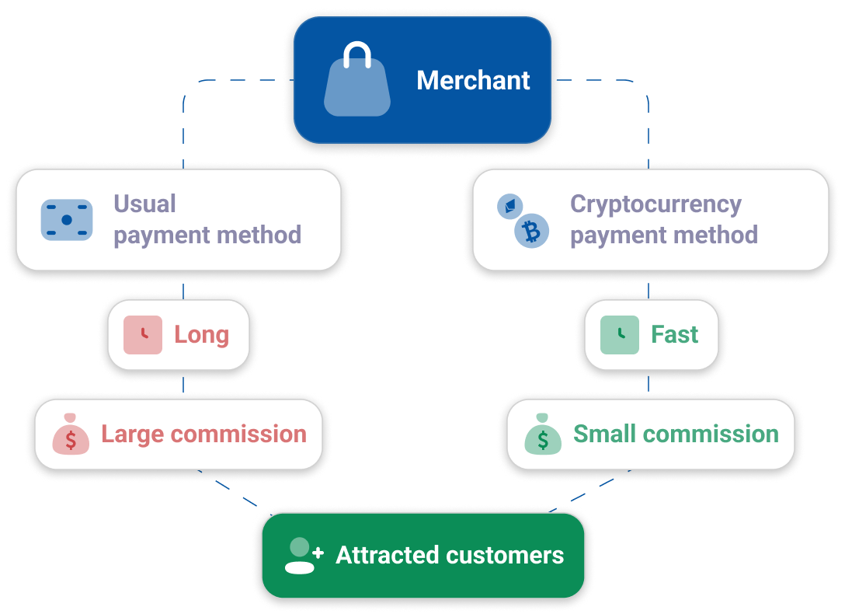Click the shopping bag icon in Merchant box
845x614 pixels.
357,81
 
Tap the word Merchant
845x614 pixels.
473,80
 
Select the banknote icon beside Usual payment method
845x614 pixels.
66,220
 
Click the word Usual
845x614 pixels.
144,204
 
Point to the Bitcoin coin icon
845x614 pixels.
532,231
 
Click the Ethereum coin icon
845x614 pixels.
509,207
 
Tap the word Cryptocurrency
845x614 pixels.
655,204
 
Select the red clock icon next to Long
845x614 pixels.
143,335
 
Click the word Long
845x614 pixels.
201,335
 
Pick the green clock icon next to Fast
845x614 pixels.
620,335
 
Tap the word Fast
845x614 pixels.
674,335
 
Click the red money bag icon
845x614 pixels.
71,435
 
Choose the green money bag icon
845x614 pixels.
543,435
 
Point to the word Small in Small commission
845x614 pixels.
605,434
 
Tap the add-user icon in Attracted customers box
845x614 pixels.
303,555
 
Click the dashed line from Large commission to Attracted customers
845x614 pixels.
233,490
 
